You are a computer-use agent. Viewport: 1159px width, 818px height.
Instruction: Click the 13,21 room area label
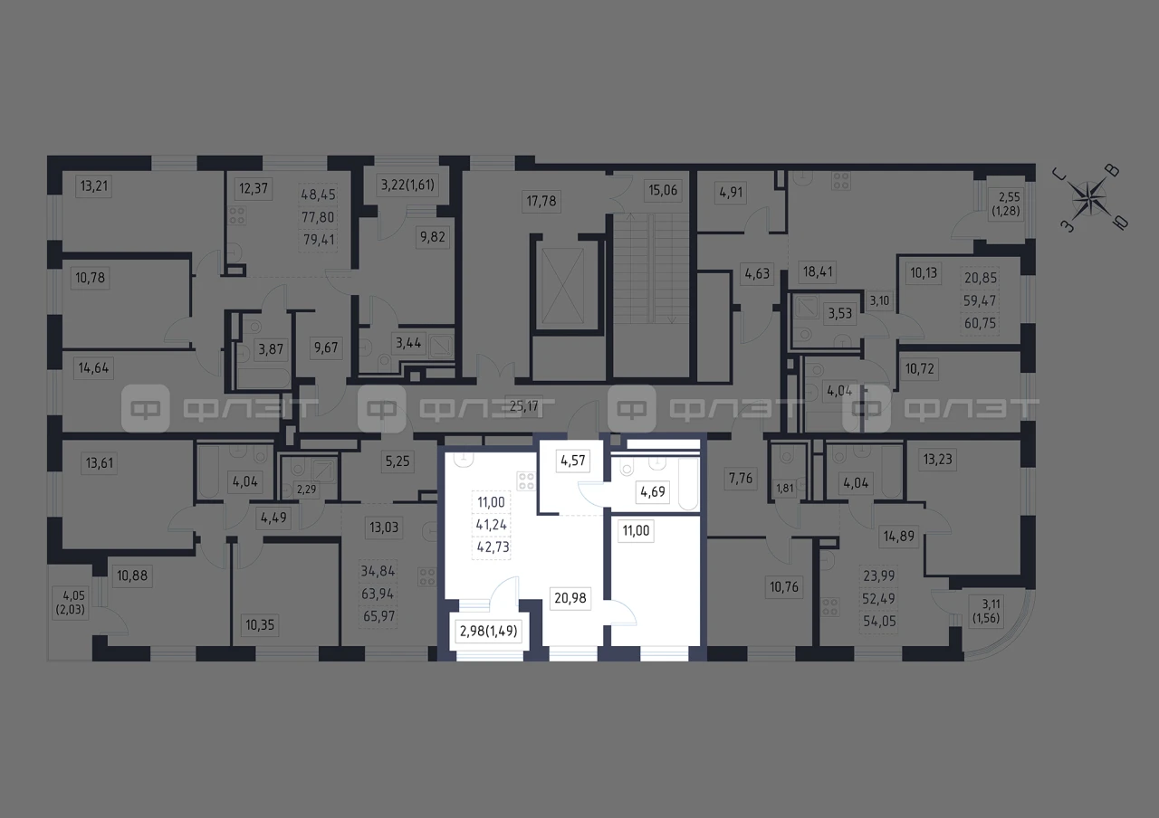point(93,185)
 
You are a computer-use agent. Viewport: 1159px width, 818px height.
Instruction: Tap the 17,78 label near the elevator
point(541,201)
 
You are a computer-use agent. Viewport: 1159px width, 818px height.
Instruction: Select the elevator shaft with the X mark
point(562,285)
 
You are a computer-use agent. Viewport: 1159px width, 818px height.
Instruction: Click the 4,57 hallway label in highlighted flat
point(573,461)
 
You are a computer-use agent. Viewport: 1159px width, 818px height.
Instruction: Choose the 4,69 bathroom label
point(653,491)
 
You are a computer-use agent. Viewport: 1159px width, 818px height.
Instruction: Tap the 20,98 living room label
point(570,598)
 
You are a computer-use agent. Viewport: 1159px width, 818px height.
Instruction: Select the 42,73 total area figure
point(492,547)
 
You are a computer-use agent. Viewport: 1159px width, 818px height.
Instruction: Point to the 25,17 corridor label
point(523,406)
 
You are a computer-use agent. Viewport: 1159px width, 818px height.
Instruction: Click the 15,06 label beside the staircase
point(663,190)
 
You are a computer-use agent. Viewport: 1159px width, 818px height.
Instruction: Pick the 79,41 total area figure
point(319,240)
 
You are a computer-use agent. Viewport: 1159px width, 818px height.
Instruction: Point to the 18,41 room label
point(818,271)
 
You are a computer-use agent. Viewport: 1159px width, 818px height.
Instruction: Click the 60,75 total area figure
point(980,323)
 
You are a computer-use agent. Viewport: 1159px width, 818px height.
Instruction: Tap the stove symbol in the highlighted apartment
point(526,480)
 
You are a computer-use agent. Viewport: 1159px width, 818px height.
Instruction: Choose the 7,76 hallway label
point(741,479)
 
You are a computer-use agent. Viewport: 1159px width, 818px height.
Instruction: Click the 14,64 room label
point(93,368)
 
